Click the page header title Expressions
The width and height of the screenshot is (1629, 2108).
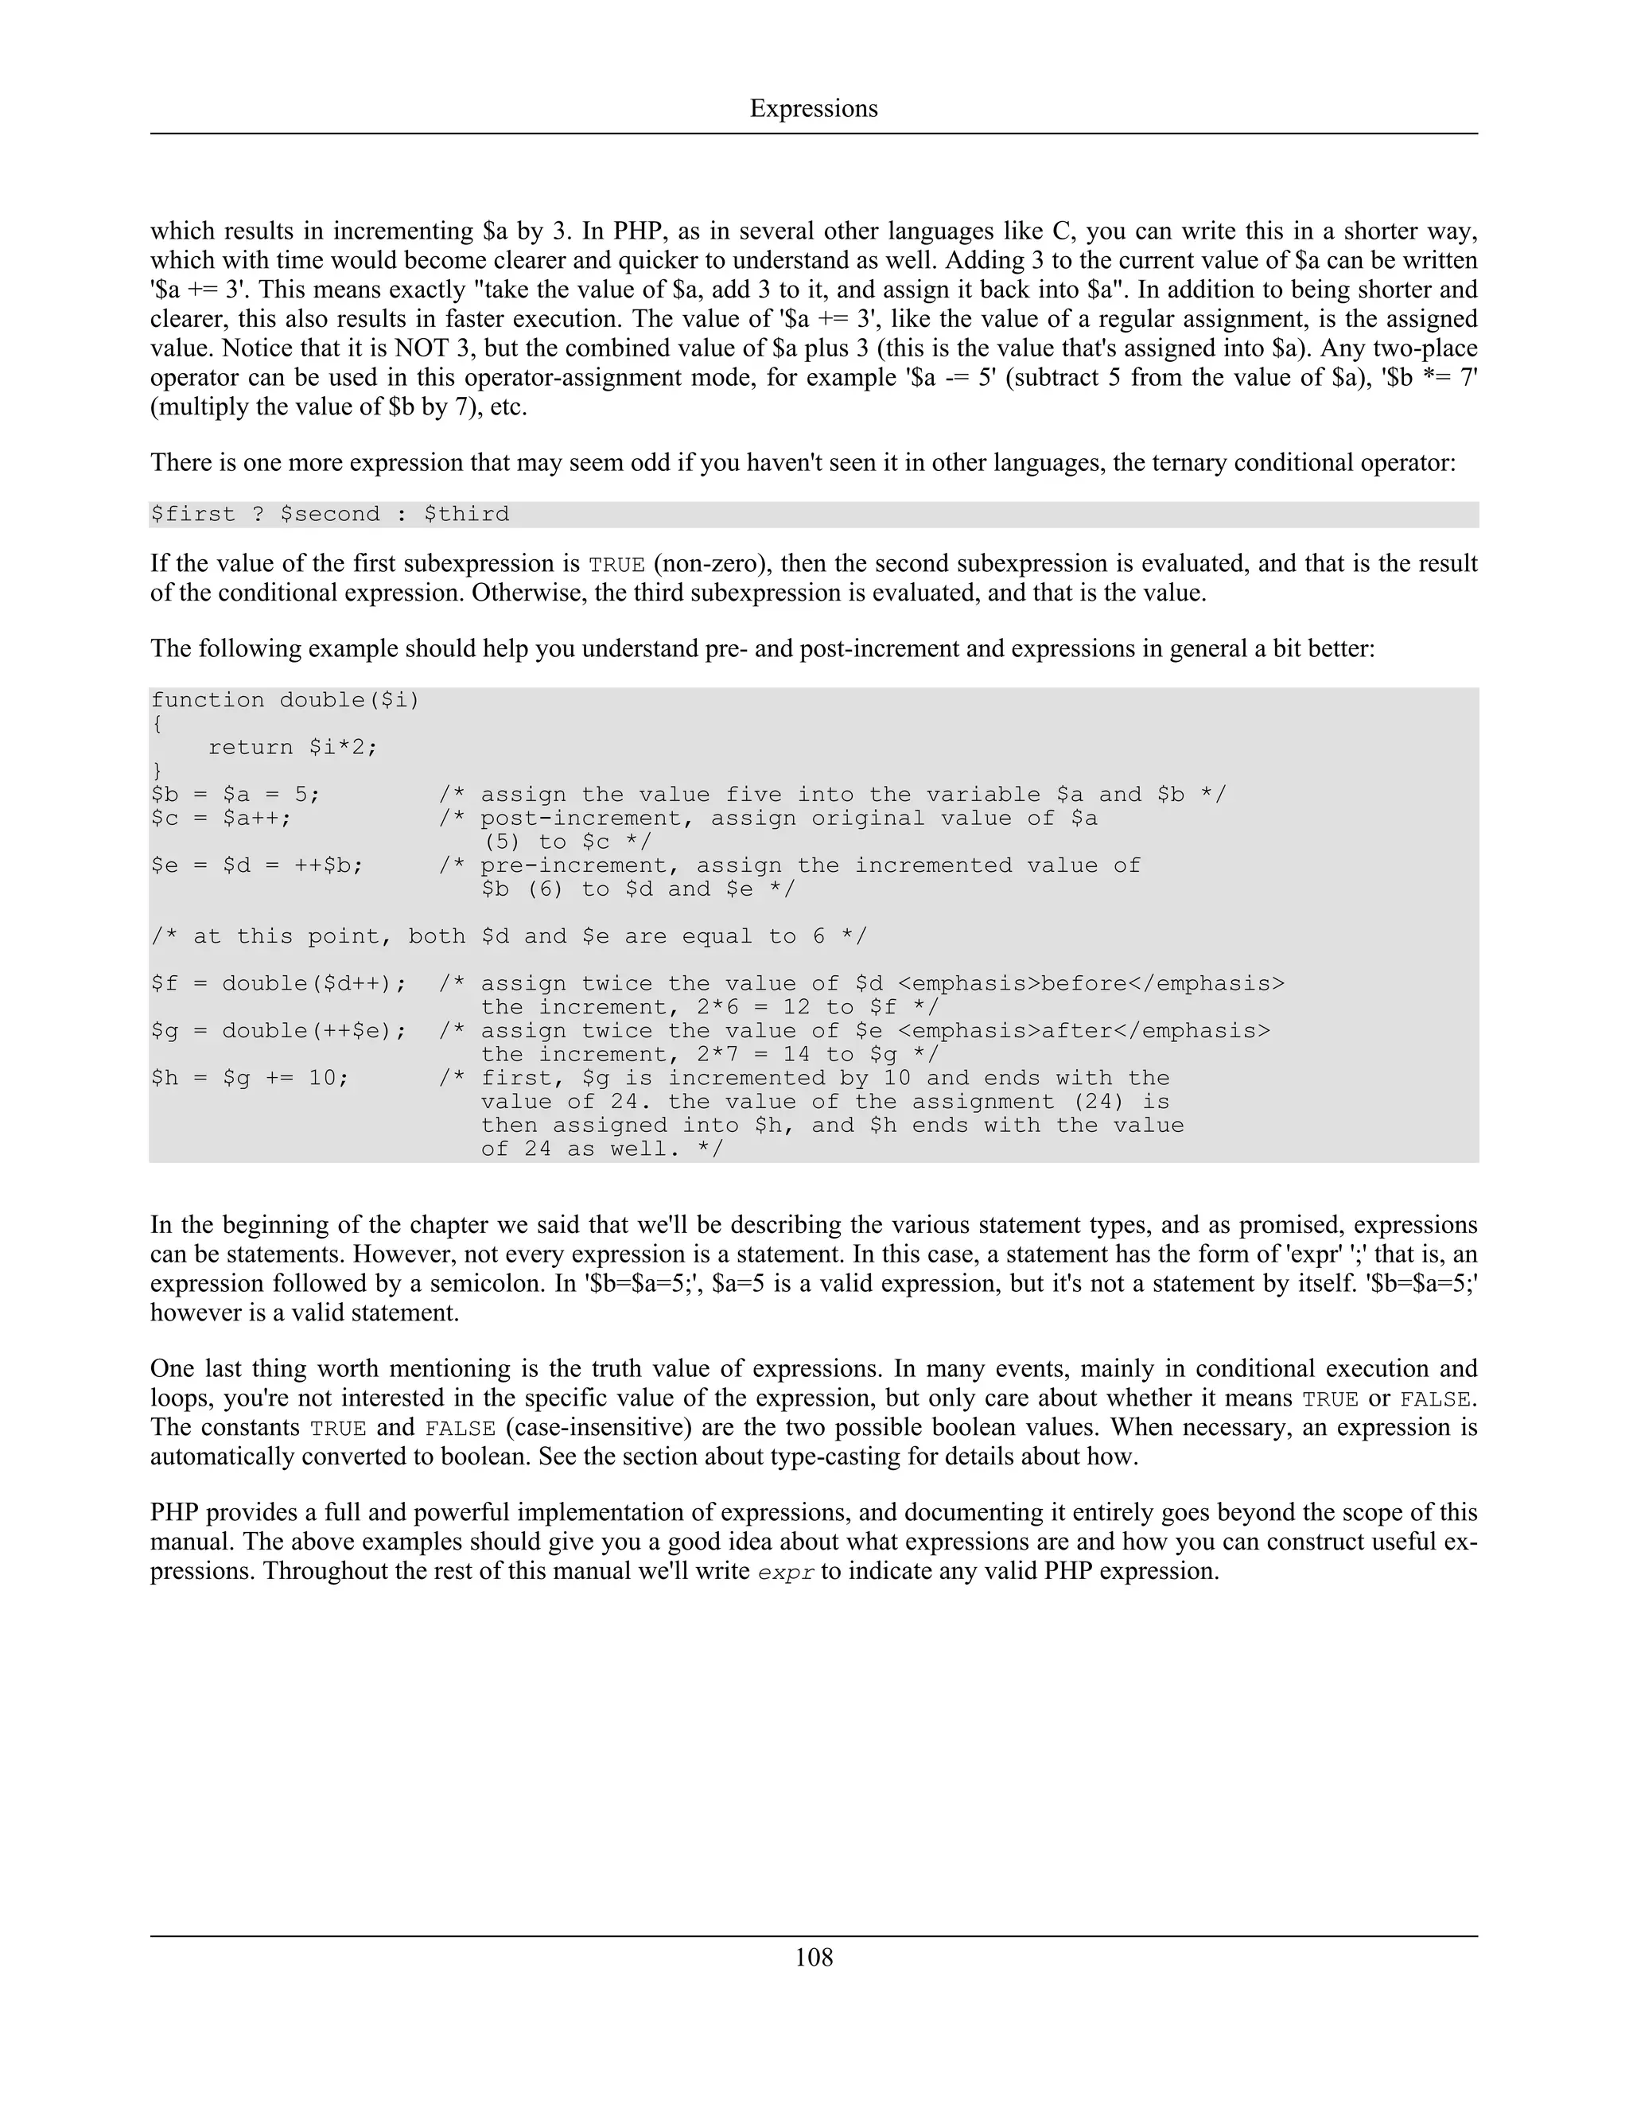[x=814, y=108]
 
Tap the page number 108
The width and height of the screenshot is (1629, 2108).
[x=814, y=1957]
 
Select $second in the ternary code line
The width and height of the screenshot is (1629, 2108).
[x=330, y=515]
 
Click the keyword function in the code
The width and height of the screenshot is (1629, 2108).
[x=208, y=701]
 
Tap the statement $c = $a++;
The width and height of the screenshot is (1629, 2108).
[x=221, y=819]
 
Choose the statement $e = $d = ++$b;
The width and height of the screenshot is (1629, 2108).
[x=257, y=865]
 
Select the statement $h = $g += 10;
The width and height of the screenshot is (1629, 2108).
[x=250, y=1078]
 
